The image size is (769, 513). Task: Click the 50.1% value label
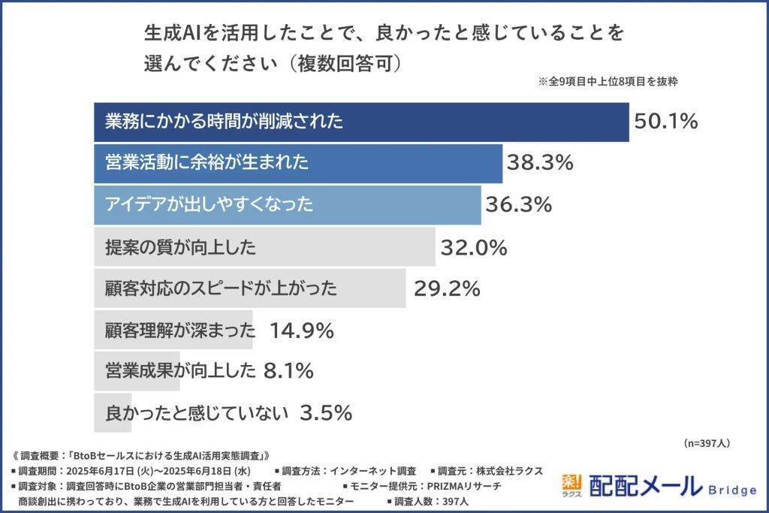[x=666, y=121]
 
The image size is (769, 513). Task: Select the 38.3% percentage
[x=540, y=162]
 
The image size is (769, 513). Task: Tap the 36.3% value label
[x=519, y=204]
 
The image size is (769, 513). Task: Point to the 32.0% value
[x=474, y=246]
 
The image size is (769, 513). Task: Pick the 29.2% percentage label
[x=447, y=288]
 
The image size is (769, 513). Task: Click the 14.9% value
[x=300, y=330]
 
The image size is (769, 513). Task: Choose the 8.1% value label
[x=288, y=371]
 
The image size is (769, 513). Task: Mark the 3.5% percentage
[x=326, y=412]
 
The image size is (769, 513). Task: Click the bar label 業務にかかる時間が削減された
[x=225, y=121]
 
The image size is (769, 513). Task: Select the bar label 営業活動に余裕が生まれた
[x=207, y=162]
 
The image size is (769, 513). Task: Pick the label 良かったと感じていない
[x=198, y=412]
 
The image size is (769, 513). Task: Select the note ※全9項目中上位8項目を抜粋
[x=608, y=82]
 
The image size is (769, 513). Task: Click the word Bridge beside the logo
[x=733, y=490]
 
